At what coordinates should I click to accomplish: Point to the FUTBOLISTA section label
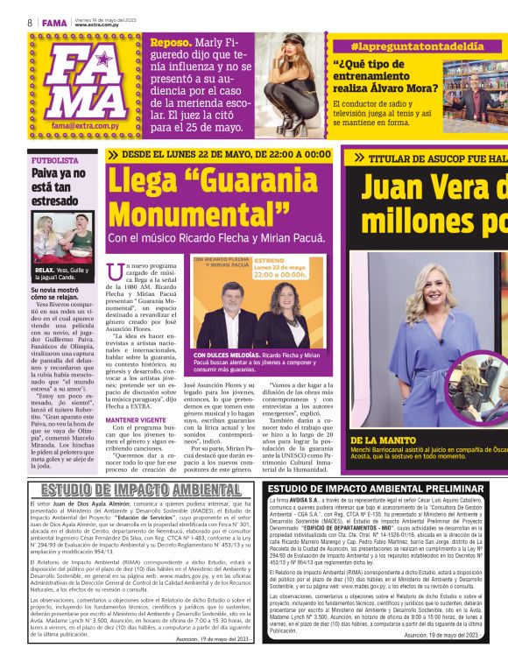pyautogui.click(x=54, y=161)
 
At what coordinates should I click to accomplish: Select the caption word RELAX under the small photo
pyautogui.click(x=46, y=270)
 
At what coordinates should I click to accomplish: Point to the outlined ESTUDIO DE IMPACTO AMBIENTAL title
pyautogui.click(x=128, y=489)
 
